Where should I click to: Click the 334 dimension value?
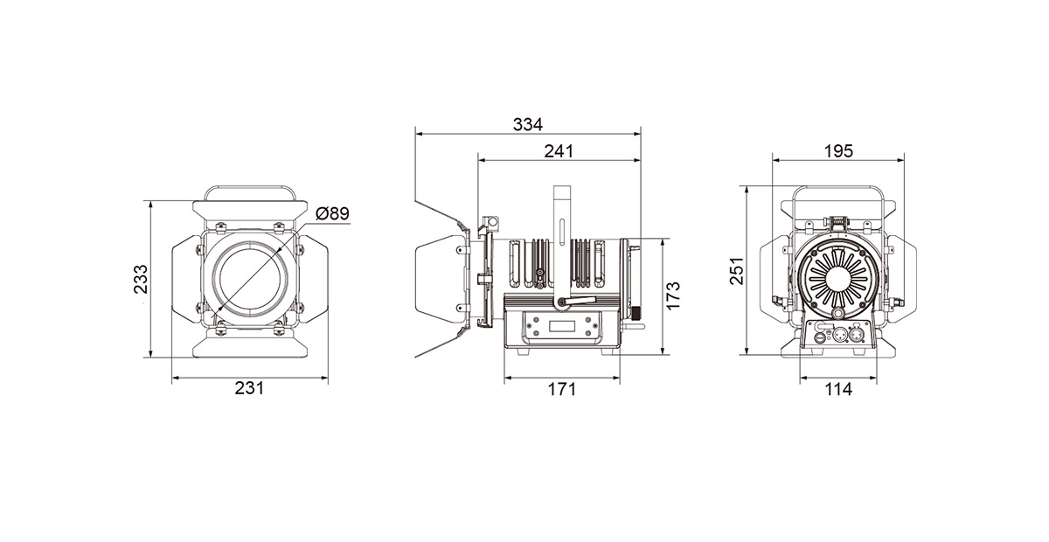tap(528, 125)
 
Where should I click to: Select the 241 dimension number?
tap(559, 151)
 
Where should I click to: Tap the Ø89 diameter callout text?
tap(332, 213)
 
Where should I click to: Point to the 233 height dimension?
tap(141, 279)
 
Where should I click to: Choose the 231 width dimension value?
tap(249, 388)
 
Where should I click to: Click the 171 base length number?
tap(562, 389)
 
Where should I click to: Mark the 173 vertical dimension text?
tap(673, 295)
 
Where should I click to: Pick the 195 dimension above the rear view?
tap(838, 151)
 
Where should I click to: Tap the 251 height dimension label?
tap(737, 271)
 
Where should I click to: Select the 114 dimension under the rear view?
tap(838, 389)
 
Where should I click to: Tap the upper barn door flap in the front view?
tap(250, 211)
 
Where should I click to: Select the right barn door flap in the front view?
tap(313, 280)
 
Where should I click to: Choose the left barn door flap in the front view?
tap(187, 280)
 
